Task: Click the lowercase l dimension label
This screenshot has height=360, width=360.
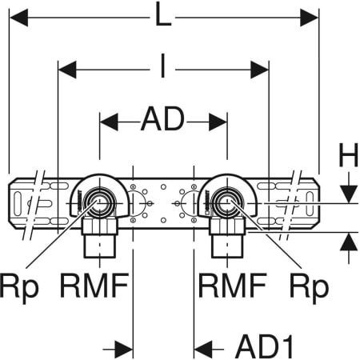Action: pos(163,70)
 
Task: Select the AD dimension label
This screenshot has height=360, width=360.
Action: pos(163,121)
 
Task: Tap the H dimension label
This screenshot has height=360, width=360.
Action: pos(347,157)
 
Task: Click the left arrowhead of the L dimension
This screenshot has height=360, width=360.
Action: pos(16,17)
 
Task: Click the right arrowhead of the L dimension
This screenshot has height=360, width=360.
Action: pos(311,17)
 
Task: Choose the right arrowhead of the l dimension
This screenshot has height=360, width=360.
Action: pos(259,70)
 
